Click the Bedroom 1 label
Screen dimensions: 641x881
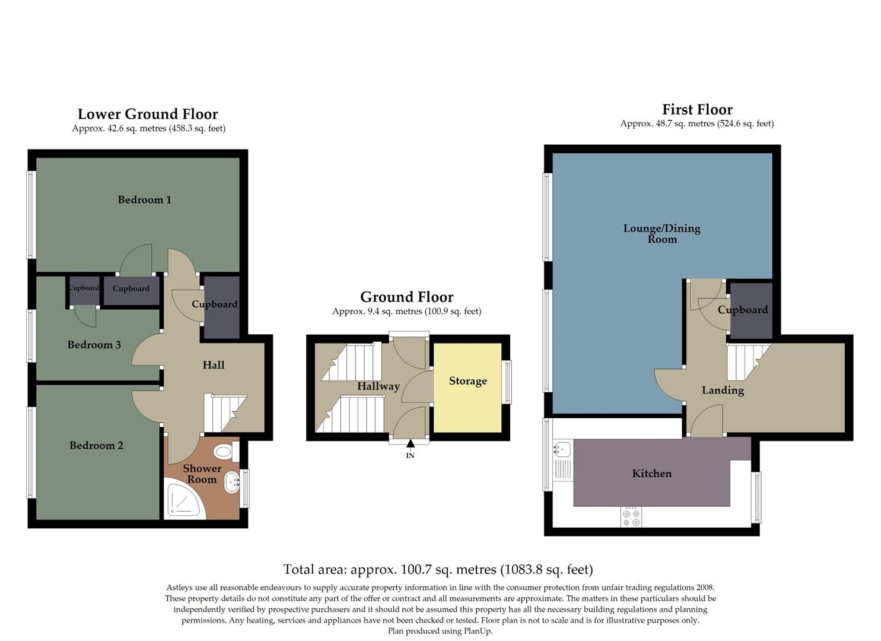click(144, 200)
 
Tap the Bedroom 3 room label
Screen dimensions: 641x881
click(94, 345)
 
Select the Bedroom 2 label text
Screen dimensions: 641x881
click(96, 446)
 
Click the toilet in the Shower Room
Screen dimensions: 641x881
click(224, 452)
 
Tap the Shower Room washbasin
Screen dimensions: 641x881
click(231, 483)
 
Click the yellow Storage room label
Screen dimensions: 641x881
click(467, 381)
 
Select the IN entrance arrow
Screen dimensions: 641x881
click(411, 444)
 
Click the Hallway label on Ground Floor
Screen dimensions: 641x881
click(378, 386)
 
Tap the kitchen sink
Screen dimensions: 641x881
click(562, 449)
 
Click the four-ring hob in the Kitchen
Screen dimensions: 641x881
click(631, 516)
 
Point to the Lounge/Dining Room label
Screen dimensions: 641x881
click(661, 234)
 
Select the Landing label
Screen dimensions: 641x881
click(723, 391)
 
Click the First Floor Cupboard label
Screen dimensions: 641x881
click(742, 310)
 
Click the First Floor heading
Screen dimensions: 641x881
click(697, 110)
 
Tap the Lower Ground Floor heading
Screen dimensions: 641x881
click(148, 115)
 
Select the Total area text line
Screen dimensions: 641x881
click(438, 570)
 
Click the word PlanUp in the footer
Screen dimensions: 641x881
click(478, 631)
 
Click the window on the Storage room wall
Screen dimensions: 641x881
click(507, 382)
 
